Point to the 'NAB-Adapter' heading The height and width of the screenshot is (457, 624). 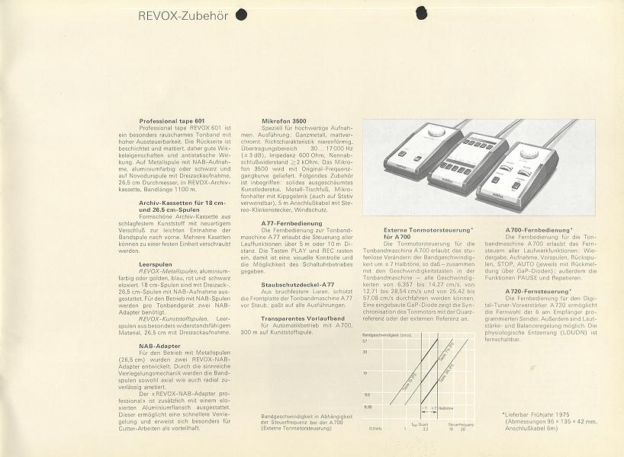[156, 346]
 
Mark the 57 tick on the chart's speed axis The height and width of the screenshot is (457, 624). [365, 341]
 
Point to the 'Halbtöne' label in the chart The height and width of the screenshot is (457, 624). [442, 409]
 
